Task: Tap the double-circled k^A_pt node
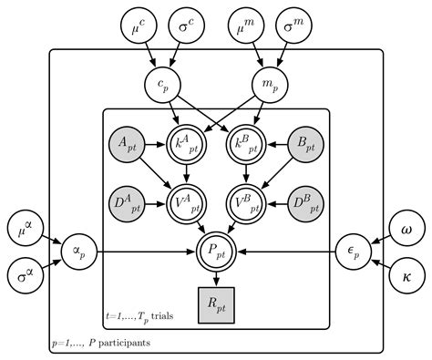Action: click(x=187, y=143)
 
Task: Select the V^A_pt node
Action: click(x=187, y=201)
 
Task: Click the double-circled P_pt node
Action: click(x=216, y=249)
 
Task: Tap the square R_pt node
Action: click(x=216, y=300)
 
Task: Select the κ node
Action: click(x=405, y=274)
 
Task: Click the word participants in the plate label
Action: click(x=123, y=343)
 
